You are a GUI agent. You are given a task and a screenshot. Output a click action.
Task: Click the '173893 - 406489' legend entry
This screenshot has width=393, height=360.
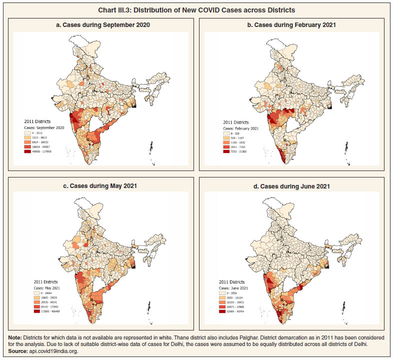click(43, 311)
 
